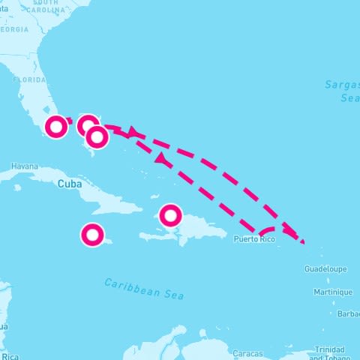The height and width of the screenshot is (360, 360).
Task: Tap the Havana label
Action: [x=24, y=166]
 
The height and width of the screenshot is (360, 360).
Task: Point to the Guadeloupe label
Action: [x=325, y=268]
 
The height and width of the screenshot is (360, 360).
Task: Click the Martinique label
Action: [x=333, y=292]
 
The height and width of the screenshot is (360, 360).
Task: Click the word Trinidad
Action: [x=330, y=349]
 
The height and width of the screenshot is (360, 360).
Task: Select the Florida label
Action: [x=30, y=79]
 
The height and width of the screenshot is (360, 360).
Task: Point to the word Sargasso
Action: [x=342, y=85]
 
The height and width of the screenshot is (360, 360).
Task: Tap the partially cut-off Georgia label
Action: [x=15, y=29]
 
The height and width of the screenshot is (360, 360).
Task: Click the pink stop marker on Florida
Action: [x=56, y=127]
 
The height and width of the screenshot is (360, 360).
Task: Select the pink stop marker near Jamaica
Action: [x=92, y=235]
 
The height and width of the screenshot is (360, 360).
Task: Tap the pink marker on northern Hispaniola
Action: [x=171, y=216]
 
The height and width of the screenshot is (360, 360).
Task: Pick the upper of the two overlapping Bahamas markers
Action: [x=88, y=125]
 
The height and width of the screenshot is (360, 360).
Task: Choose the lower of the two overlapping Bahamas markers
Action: [x=97, y=137]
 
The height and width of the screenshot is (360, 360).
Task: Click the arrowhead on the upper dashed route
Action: [x=132, y=132]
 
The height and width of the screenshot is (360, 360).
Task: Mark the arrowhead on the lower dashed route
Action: [x=160, y=157]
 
